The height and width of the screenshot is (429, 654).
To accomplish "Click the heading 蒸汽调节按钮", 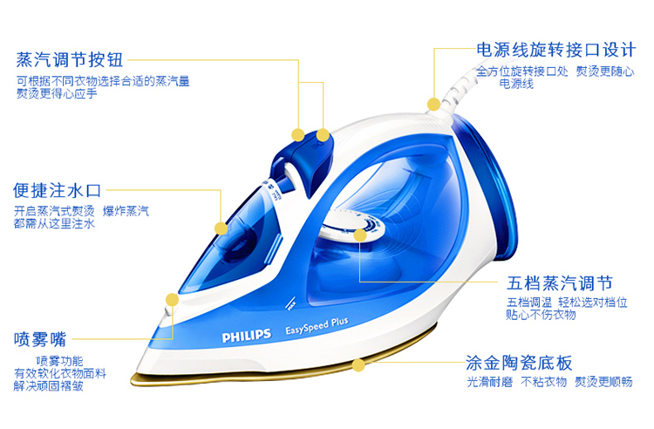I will tap(69, 60).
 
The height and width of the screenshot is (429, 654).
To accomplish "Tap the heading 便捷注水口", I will tap(58, 189).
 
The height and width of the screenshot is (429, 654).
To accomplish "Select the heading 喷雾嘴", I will tap(39, 337).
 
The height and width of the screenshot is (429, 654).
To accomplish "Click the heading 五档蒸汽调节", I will tap(560, 284).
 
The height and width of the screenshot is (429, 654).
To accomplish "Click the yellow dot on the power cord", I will tap(433, 104).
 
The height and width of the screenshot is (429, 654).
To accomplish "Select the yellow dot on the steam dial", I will tap(360, 234).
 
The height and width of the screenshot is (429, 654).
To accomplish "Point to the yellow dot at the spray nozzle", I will tap(172, 299).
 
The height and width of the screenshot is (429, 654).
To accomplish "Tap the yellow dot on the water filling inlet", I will tap(221, 228).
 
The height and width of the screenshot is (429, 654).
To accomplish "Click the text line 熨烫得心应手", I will tap(57, 93).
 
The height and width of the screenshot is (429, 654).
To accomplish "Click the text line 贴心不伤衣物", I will tap(541, 315).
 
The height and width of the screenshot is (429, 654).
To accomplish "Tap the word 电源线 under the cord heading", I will tap(515, 84).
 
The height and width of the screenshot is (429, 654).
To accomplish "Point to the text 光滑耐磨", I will tap(487, 383).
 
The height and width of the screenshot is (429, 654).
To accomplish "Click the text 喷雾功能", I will tap(60, 360).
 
